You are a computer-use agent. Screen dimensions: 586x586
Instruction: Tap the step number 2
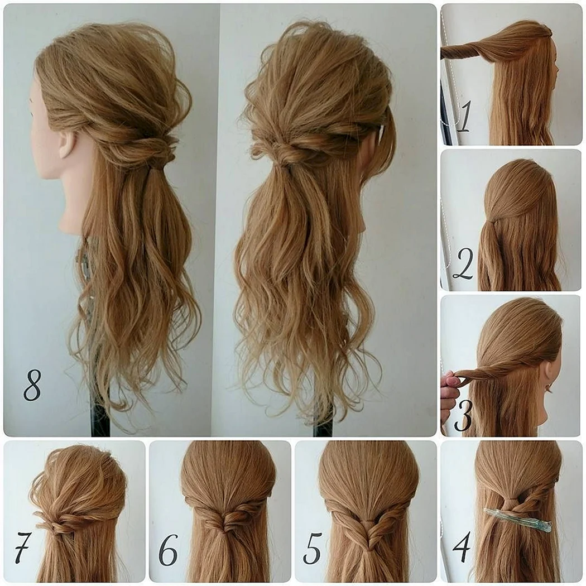point(463,264)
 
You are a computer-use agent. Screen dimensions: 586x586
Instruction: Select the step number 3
point(463,415)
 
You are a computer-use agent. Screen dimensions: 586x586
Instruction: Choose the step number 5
point(312,549)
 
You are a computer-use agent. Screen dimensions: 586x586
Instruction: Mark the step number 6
point(168,549)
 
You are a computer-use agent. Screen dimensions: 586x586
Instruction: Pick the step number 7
point(22,548)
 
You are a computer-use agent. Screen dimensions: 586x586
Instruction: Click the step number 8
point(32,385)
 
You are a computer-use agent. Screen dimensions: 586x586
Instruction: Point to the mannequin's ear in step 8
point(68,143)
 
